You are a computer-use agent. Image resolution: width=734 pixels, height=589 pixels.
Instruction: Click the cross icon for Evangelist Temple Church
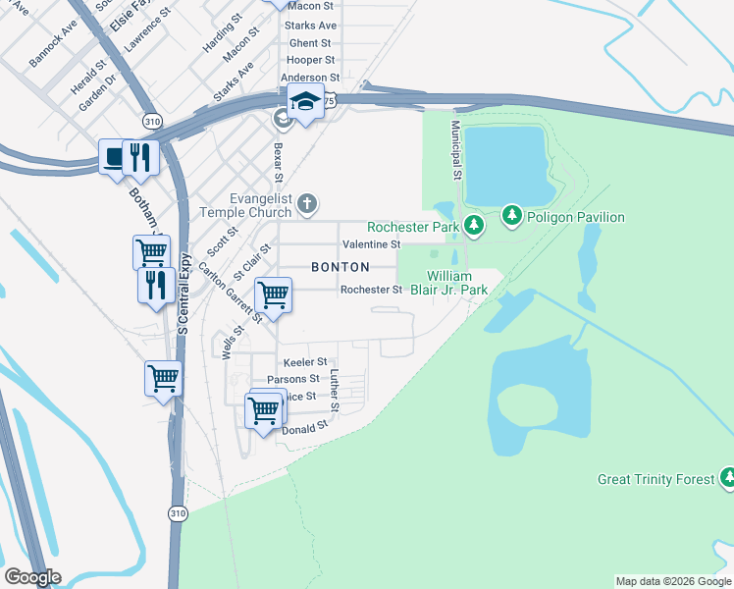307,203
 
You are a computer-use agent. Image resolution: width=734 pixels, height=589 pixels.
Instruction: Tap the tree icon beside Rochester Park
474,226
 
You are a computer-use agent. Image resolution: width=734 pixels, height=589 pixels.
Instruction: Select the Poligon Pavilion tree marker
511,214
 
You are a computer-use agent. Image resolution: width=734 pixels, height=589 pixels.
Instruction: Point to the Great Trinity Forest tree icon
728,478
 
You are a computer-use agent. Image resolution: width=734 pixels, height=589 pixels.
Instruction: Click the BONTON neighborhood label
340,267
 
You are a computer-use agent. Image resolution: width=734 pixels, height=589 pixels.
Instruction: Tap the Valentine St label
370,243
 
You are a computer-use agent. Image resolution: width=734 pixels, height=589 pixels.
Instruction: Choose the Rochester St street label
371,290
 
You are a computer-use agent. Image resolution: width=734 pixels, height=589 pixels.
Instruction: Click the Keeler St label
304,362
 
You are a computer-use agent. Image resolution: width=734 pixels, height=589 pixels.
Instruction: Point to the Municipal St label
455,150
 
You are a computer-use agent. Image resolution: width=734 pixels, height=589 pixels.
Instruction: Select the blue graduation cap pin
306,102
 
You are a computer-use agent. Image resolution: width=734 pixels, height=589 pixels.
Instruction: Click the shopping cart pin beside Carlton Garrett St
273,294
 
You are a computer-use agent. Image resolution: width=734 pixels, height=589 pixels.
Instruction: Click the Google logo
32,577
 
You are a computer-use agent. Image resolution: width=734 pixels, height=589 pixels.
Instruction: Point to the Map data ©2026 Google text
673,581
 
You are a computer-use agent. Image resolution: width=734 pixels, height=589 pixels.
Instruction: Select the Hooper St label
309,60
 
